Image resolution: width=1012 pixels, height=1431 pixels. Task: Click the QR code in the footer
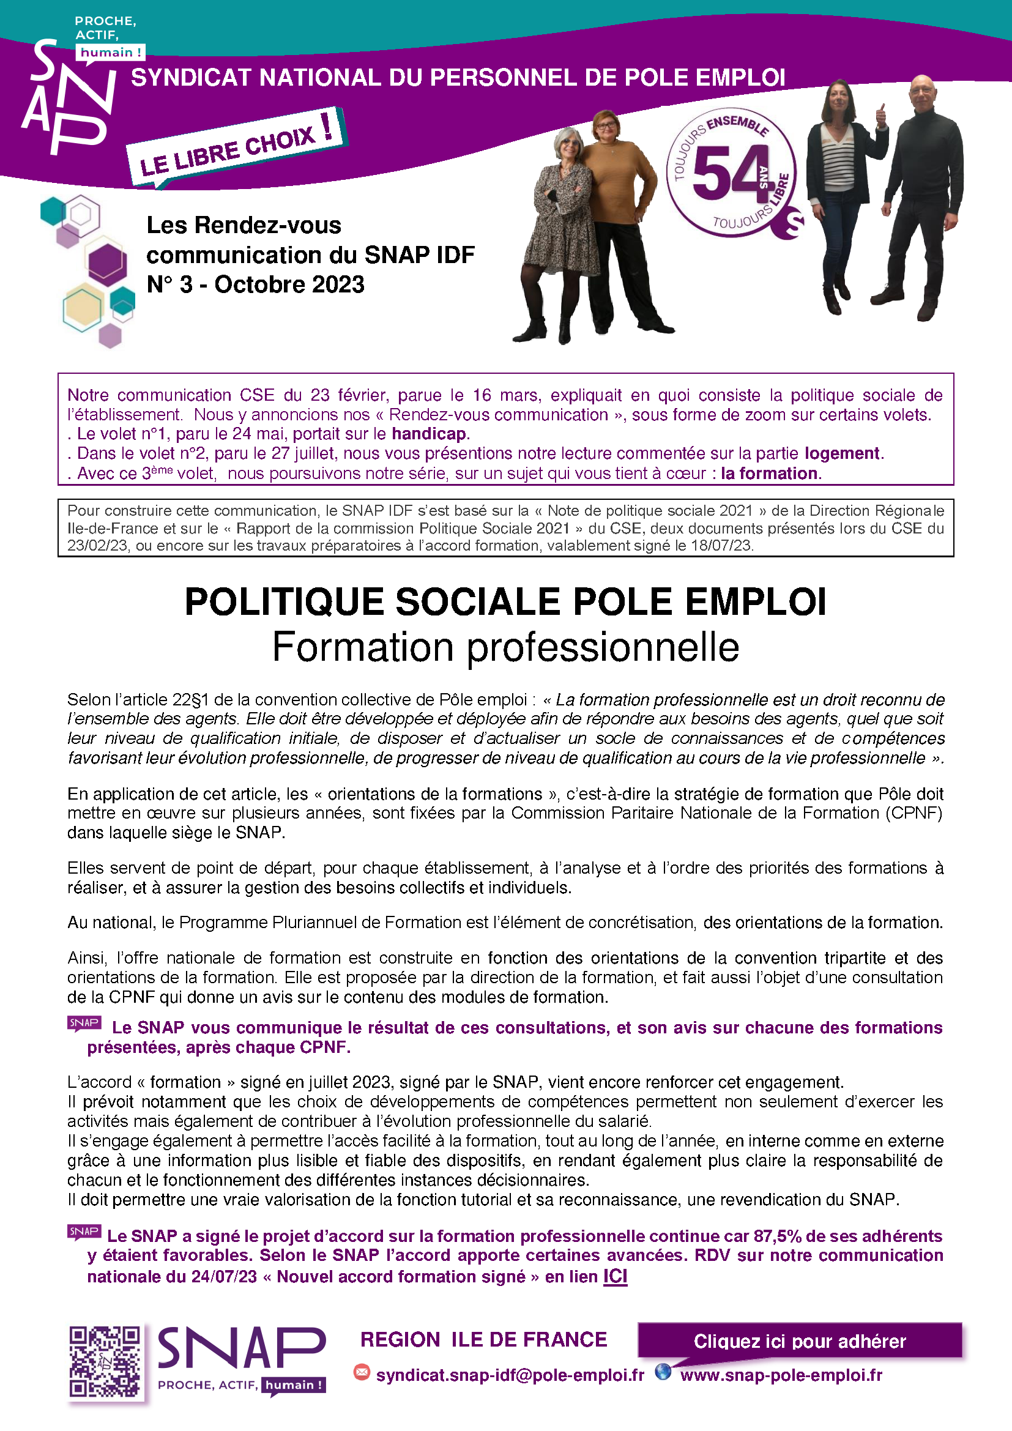coord(105,1361)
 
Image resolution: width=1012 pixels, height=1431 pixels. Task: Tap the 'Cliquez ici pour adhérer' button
coord(800,1341)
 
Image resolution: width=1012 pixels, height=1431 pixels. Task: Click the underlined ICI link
coord(614,1276)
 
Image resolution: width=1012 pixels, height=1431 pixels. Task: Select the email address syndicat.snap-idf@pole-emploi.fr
coord(510,1375)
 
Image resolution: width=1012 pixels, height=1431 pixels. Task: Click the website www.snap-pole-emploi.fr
coord(781,1375)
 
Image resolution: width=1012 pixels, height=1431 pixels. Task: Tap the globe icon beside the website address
coord(663,1372)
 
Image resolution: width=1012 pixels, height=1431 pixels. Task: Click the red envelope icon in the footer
coord(362,1372)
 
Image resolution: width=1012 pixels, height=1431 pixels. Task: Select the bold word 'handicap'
coord(429,434)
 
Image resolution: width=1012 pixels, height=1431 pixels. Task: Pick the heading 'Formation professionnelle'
coord(505,647)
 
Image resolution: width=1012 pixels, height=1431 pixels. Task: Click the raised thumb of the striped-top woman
coord(880,112)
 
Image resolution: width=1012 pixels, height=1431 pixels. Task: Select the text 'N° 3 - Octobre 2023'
coord(256,284)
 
